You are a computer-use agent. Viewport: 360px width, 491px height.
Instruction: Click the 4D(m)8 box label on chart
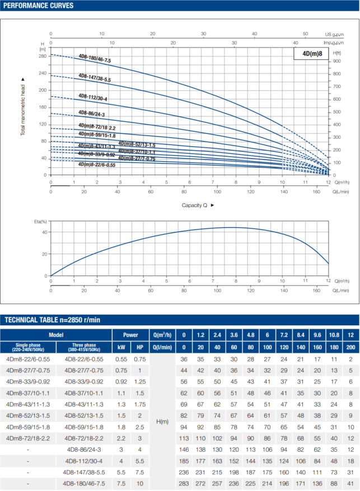311,54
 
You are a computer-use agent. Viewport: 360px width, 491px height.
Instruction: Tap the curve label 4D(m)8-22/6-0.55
97,165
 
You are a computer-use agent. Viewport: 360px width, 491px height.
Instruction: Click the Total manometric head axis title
23,106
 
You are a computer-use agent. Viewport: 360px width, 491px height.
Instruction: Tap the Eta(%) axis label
40,223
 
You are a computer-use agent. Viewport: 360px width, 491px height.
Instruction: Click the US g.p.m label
334,34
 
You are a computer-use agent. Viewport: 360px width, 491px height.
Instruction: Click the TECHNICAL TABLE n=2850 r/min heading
53,320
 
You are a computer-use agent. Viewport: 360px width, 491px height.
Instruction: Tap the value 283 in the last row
184,483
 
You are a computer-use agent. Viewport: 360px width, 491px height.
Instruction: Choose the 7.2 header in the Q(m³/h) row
284,334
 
